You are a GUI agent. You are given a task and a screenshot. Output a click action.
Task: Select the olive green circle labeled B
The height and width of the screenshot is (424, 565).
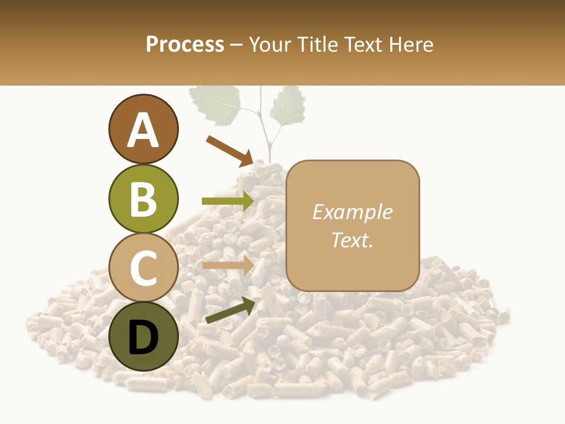(144, 198)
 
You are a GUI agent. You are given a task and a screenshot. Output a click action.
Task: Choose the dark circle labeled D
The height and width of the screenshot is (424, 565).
(144, 336)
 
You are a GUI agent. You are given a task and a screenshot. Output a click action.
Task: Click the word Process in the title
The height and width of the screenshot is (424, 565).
(185, 44)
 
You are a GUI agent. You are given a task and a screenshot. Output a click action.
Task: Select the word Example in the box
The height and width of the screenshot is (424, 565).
(352, 212)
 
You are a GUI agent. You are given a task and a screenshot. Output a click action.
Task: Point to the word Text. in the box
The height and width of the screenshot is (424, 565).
(352, 240)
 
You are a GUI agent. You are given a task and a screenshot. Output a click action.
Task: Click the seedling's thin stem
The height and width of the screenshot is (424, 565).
(266, 139)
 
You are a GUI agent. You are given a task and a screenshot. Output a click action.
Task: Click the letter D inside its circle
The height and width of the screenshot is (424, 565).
(144, 337)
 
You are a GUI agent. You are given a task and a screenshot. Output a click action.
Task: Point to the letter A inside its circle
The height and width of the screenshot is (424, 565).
(144, 131)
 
